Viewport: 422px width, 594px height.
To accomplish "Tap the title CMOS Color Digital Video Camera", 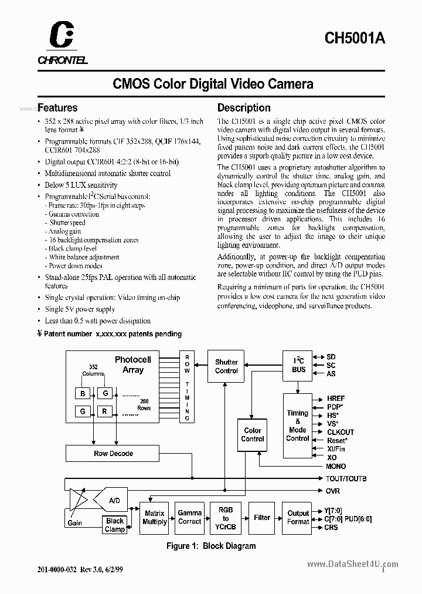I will [x=213, y=84].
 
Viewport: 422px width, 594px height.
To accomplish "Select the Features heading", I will [x=57, y=108].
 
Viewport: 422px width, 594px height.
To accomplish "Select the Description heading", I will [x=244, y=108].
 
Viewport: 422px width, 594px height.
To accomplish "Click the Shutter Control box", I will [x=226, y=366].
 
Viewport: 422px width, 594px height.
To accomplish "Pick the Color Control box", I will [x=253, y=434].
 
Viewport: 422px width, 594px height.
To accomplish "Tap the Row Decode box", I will [x=113, y=453].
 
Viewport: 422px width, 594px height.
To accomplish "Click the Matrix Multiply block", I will [x=155, y=517].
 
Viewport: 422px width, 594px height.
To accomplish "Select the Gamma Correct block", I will [x=190, y=517].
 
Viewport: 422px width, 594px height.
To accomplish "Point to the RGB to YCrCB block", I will [x=226, y=518].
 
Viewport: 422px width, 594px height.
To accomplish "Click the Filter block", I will [x=262, y=517].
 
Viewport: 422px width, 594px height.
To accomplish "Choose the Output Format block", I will [x=298, y=517].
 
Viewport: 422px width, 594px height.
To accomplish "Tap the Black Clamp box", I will [x=115, y=525].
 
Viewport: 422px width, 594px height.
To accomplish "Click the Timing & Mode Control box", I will [x=297, y=426].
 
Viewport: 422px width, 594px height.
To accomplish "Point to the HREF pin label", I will [x=336, y=399].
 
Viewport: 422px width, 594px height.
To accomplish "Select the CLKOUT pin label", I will [x=341, y=432].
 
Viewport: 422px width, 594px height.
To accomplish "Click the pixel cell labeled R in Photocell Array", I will [x=105, y=412].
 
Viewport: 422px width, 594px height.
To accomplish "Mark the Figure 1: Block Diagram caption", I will [x=211, y=546].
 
